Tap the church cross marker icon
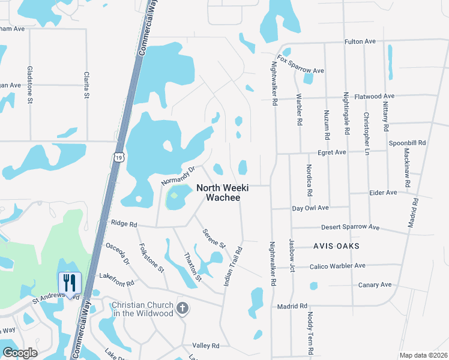(x=183, y=309)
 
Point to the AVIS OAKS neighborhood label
(x=336, y=247)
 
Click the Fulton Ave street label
(x=360, y=41)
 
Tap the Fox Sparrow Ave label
(x=298, y=67)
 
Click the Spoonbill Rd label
(x=407, y=143)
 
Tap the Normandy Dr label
(x=178, y=175)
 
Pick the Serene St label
(x=213, y=238)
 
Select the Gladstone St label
(x=30, y=85)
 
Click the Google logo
(x=20, y=353)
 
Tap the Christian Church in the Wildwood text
(x=142, y=309)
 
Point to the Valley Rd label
(x=206, y=346)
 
